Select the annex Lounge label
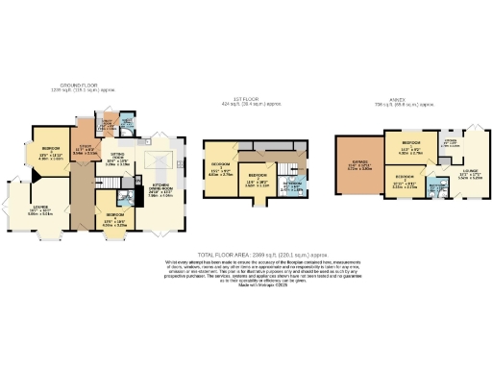(470, 175)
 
